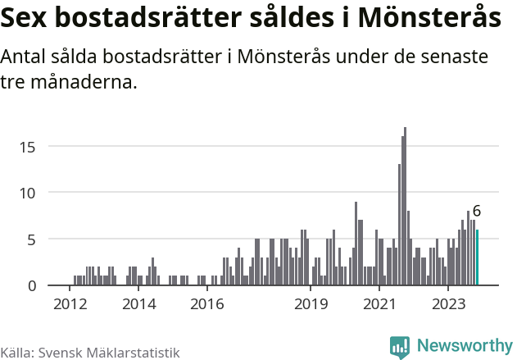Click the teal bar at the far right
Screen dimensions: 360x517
(477, 257)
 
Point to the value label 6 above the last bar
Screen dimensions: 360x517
(477, 212)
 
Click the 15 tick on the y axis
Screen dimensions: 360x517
(29, 147)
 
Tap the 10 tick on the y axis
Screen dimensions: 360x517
(29, 193)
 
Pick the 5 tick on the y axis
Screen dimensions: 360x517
(32, 239)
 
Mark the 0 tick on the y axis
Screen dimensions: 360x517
(32, 285)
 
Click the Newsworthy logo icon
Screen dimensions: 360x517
(400, 347)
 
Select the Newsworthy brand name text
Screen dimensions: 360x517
(464, 347)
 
